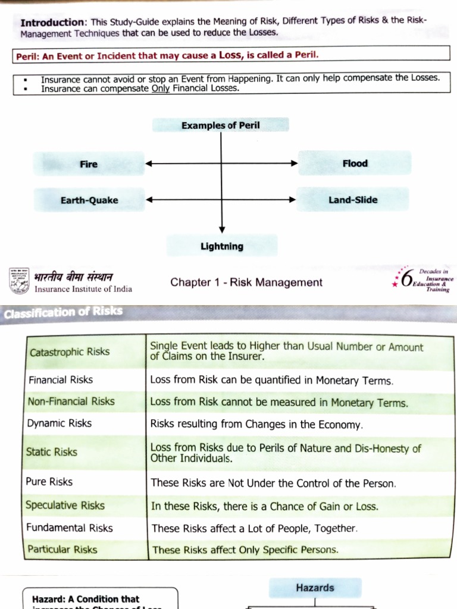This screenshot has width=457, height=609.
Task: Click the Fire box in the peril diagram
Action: pos(89,164)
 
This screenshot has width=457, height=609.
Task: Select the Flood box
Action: pos(355,163)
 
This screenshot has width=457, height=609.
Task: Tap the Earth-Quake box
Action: pos(89,200)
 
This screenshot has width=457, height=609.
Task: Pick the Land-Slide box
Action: pos(353,200)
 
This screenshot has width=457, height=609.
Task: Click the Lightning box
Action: pos(222,246)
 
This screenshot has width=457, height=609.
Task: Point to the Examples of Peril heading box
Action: pos(221,125)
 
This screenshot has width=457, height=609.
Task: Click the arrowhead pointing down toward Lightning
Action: pos(222,228)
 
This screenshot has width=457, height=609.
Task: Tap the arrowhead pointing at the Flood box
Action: pos(294,163)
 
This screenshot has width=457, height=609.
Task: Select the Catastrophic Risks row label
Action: pos(70,351)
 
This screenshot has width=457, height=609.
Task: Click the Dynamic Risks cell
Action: pos(60,423)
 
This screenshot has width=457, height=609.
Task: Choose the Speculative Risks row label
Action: pos(65,506)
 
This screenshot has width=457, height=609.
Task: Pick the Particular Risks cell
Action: pos(62,549)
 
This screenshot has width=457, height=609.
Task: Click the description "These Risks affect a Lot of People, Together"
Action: pos(254,528)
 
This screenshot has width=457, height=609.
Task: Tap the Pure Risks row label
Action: pos(49,482)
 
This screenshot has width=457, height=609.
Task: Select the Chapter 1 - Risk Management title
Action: pos(246,282)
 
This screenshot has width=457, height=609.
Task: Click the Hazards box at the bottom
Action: pos(315,588)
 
